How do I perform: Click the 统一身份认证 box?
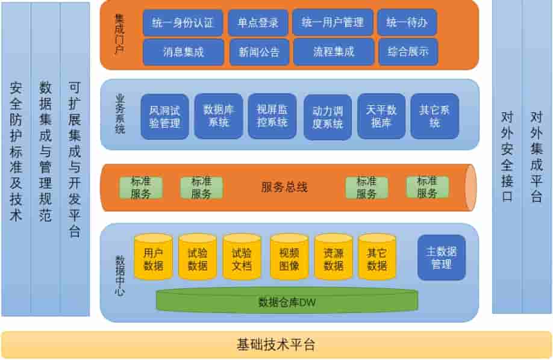pyautogui.click(x=183, y=23)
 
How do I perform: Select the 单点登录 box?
pyautogui.click(x=258, y=23)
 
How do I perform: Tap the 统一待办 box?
pyautogui.click(x=407, y=23)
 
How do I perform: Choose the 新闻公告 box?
pyautogui.click(x=259, y=52)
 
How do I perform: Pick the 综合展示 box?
pyautogui.click(x=408, y=52)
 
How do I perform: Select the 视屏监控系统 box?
pyautogui.click(x=272, y=116)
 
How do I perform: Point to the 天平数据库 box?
pyautogui.click(x=381, y=116)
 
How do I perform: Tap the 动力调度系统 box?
pyautogui.click(x=328, y=117)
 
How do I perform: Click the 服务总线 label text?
pyautogui.click(x=284, y=187)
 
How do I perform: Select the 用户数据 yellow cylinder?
pyautogui.click(x=153, y=258)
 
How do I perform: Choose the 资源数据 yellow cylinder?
pyautogui.click(x=333, y=258)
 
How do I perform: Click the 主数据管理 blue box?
pyautogui.click(x=442, y=257)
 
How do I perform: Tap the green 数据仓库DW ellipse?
pyautogui.click(x=287, y=302)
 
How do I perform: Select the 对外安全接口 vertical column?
pyautogui.click(x=507, y=157)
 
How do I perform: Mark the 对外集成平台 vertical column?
pyautogui.click(x=537, y=157)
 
